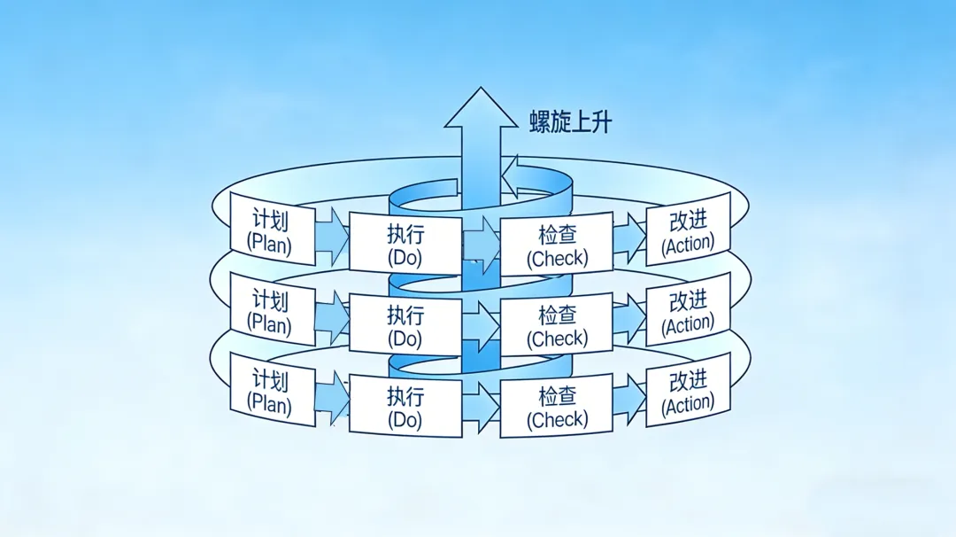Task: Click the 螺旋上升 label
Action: (x=570, y=121)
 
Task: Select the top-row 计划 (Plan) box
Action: (x=272, y=229)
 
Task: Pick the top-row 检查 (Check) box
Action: (x=557, y=245)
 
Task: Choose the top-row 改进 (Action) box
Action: (x=688, y=230)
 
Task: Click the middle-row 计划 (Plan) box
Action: (x=272, y=309)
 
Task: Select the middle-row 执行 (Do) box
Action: (x=405, y=324)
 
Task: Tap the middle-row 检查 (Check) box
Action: (x=557, y=324)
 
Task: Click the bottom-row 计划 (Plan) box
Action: (x=272, y=390)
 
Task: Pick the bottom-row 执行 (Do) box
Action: (x=405, y=406)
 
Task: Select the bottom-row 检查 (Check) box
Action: (x=557, y=406)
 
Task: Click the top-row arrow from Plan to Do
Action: (x=333, y=232)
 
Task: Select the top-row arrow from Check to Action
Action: (x=629, y=236)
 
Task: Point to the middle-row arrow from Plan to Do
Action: (x=333, y=315)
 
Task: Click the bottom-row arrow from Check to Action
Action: (x=629, y=398)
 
